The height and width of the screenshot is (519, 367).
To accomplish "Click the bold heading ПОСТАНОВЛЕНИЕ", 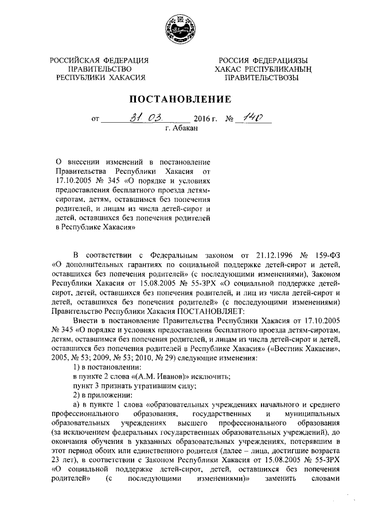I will (183, 99).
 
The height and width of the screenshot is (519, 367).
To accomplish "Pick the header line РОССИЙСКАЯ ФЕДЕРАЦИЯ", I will (99, 60).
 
